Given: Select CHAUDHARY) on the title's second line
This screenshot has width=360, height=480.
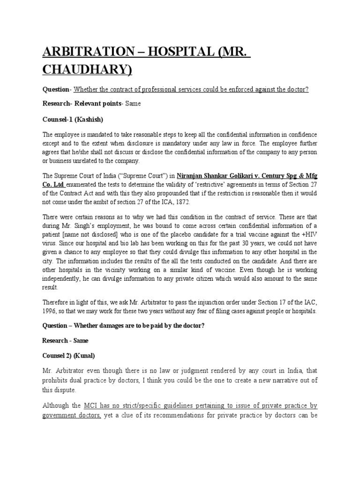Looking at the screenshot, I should (x=88, y=70).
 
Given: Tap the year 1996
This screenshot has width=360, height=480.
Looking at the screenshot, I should (x=50, y=312).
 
